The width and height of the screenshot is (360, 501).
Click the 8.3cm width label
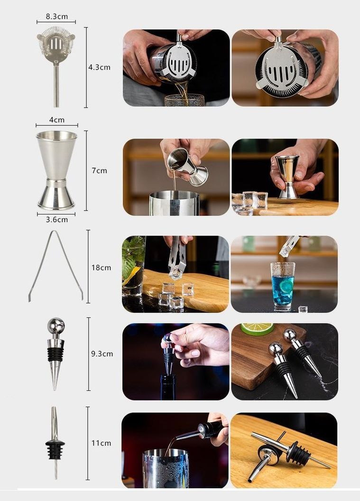pos(56,17)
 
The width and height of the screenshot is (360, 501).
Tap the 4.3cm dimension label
pos(99,67)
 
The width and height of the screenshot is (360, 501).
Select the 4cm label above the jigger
pos(57,120)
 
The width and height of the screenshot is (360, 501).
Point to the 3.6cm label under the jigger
pos(57,220)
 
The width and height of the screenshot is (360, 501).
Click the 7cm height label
pos(99,171)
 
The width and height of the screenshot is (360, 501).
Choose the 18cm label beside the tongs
pos(101,268)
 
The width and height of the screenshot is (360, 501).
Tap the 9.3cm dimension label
pos(102,354)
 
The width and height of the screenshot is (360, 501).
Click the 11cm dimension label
pos(101,443)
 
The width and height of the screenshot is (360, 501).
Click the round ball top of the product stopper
pos(56,325)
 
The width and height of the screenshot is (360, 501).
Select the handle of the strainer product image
pos(56,85)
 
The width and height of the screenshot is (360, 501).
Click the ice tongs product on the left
pos(55,266)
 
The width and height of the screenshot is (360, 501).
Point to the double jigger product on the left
pos(56,170)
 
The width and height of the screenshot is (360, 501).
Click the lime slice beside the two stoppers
pos(257,328)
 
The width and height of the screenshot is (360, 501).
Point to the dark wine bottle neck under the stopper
pos(168,387)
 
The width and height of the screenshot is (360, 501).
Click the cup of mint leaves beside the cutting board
pos(133,266)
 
